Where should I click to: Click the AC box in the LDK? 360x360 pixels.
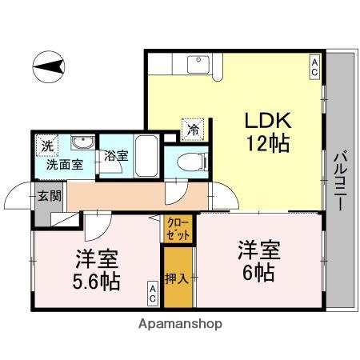click(314, 67)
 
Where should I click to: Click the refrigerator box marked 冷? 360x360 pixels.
click(193, 126)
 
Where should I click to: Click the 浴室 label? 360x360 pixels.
click(115, 155)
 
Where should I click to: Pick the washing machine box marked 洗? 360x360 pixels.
click(47, 146)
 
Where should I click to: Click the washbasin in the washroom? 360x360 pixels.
click(81, 144)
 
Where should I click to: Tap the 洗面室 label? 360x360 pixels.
click(62, 165)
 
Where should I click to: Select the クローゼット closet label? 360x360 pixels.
click(177, 229)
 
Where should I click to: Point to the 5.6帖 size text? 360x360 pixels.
click(98, 282)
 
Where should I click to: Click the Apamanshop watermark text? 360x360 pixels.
click(180, 325)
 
